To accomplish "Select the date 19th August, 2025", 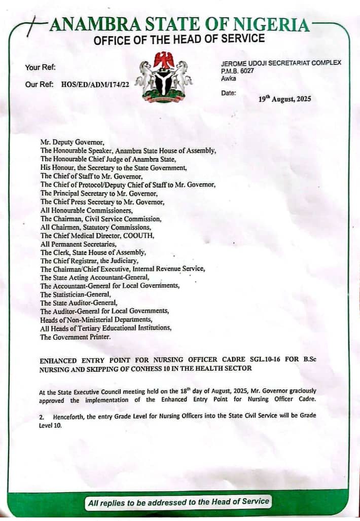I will (284, 99).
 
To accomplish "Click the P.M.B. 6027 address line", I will (238, 71).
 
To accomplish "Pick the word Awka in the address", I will (228, 79).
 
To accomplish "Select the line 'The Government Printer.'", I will (75, 337).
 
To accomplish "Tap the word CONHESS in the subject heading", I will (145, 369).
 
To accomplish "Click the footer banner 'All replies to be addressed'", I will (178, 502).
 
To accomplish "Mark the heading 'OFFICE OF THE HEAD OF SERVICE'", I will (179, 39).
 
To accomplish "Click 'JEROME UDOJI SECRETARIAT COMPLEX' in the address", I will (281, 62).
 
